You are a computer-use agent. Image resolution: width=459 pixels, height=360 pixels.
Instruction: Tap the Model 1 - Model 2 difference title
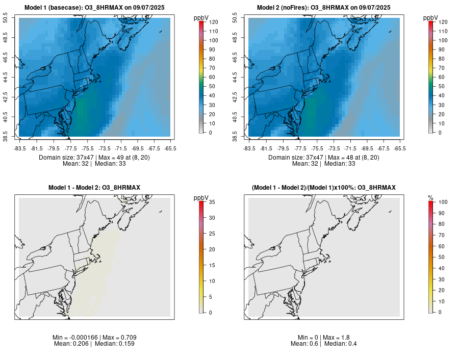point(94,188)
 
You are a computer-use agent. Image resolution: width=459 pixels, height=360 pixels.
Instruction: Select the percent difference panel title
point(324,188)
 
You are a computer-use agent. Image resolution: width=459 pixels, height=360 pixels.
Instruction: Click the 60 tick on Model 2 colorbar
point(441,77)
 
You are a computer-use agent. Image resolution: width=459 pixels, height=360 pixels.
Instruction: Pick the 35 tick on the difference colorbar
point(212,202)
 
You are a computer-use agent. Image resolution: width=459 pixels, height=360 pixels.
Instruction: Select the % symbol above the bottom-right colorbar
point(430,197)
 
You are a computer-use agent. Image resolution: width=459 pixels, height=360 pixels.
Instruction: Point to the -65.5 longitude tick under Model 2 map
point(400,148)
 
